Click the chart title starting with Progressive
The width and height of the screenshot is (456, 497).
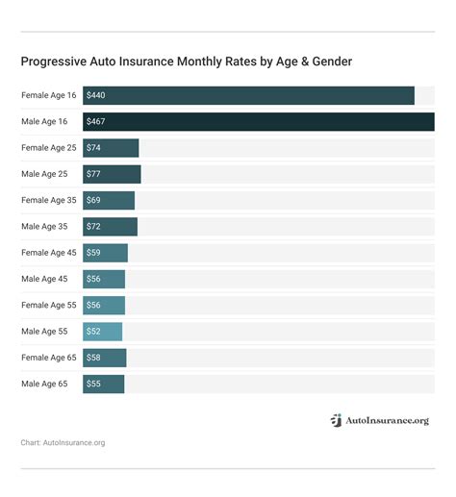(186, 62)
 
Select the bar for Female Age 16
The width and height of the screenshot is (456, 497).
(248, 96)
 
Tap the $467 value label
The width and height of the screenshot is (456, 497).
(96, 122)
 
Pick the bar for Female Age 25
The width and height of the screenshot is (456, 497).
(111, 148)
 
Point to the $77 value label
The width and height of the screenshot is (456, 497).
(93, 174)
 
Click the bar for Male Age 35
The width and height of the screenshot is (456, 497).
(110, 227)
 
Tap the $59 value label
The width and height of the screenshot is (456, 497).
(93, 253)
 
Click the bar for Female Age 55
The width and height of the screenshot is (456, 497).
(104, 305)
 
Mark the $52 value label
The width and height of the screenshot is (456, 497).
(93, 332)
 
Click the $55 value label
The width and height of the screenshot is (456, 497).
(93, 384)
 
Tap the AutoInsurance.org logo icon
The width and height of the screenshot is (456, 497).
(336, 420)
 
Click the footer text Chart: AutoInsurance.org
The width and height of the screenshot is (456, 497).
(63, 443)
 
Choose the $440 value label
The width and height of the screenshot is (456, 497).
(96, 96)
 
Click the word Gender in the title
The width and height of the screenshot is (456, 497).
(328, 62)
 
